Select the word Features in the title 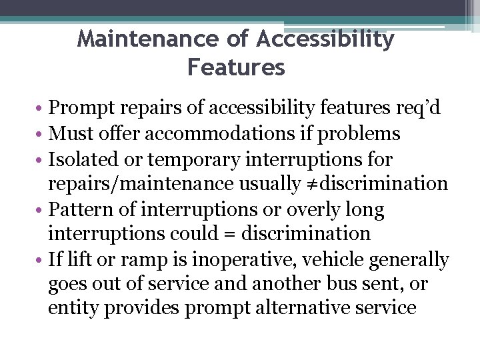click(x=236, y=67)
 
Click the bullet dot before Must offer click(x=41, y=135)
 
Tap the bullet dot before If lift click(x=41, y=259)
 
